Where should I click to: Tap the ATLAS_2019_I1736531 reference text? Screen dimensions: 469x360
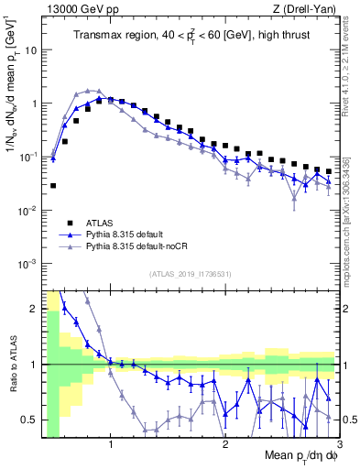coord(191,273)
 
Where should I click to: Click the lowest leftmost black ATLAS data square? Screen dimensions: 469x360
coord(53,186)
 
